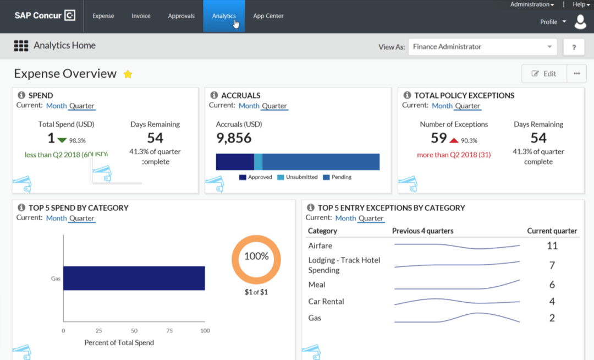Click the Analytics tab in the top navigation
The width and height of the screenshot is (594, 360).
tap(224, 16)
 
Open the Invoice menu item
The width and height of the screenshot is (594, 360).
tap(141, 16)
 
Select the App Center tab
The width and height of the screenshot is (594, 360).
tap(268, 16)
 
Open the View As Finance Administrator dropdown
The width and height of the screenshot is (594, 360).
tap(482, 47)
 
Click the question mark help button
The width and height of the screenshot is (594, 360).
tap(574, 47)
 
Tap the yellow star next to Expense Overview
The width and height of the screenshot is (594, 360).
tap(128, 74)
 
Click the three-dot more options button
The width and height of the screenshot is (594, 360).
tap(576, 74)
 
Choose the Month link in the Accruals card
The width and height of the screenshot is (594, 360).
tap(249, 106)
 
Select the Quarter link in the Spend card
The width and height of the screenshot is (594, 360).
tap(82, 106)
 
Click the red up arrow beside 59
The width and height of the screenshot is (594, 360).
tap(454, 140)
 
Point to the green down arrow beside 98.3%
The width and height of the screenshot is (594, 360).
tap(62, 140)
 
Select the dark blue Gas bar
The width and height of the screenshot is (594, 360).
tap(134, 278)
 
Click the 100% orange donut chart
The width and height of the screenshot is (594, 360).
tap(256, 257)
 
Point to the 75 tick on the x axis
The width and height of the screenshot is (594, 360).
tap(169, 331)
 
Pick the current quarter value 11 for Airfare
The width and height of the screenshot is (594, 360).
tap(552, 246)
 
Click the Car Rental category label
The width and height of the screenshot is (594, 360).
tap(326, 302)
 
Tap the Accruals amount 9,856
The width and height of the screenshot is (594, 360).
tap(234, 138)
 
